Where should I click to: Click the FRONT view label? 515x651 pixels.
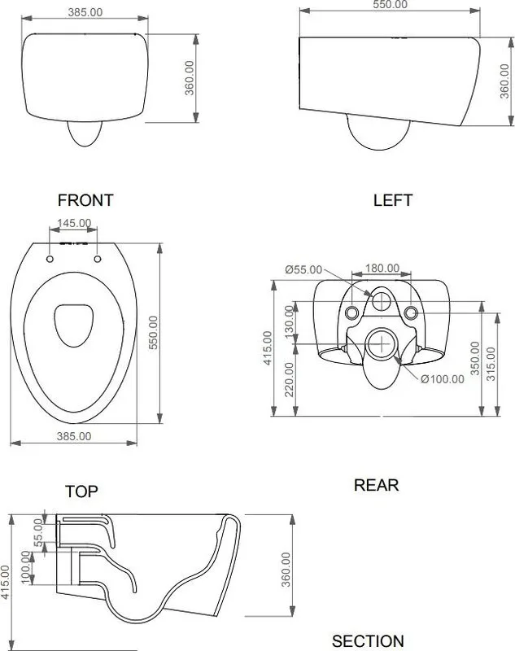click(x=85, y=200)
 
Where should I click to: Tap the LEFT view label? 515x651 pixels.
click(x=393, y=200)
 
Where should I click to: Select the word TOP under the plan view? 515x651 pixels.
click(x=81, y=492)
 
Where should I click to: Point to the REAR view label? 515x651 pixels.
click(x=376, y=485)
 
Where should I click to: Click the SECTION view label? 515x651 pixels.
click(x=368, y=641)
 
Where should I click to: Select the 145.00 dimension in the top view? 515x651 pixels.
click(x=74, y=223)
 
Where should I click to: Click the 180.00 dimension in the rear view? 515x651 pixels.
click(x=382, y=269)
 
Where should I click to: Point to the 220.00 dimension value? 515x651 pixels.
click(x=290, y=379)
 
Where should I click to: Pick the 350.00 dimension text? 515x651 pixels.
click(x=475, y=358)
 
